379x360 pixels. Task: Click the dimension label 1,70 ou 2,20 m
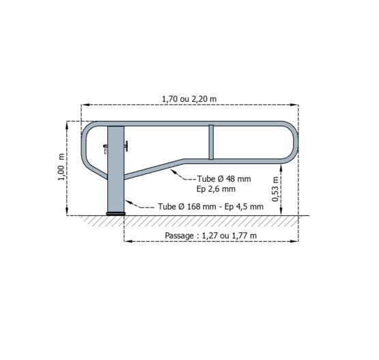pos(189,99)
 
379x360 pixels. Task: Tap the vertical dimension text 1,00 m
pos(61,167)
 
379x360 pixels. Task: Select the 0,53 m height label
pos(275,189)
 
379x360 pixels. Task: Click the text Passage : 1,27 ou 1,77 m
pos(210,236)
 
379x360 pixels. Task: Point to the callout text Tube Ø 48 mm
pos(224,179)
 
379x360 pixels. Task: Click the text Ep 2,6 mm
pos(216,189)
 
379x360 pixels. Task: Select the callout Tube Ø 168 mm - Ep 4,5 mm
pos(210,207)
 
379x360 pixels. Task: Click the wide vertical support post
pos(116,169)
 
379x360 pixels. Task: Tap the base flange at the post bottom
pos(116,214)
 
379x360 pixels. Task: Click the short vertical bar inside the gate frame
pos(211,142)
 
